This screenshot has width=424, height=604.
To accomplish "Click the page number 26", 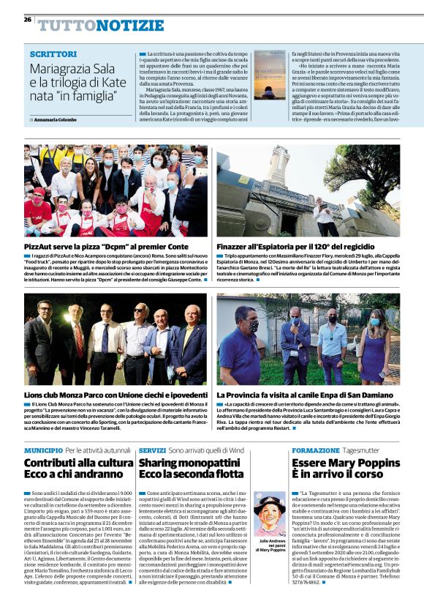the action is (x=27, y=20).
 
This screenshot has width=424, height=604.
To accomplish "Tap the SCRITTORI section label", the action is (x=53, y=54).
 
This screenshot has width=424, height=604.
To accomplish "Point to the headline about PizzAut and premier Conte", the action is (x=106, y=247).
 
